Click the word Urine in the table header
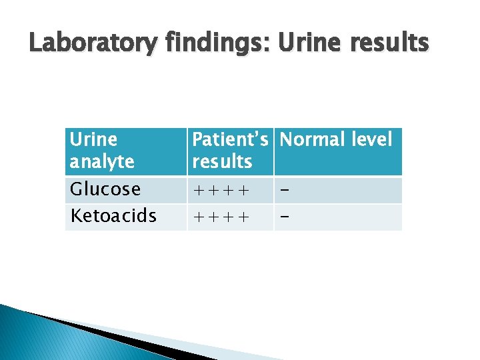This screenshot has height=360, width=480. (93, 140)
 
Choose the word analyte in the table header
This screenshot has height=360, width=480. (102, 161)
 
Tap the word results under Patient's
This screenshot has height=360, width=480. (222, 161)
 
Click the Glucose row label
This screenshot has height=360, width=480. (105, 189)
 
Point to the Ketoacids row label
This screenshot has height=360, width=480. (113, 216)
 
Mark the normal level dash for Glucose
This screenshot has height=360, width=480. (285, 191)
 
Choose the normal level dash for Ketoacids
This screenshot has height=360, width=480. (285, 217)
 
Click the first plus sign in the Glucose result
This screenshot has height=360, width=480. (198, 191)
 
